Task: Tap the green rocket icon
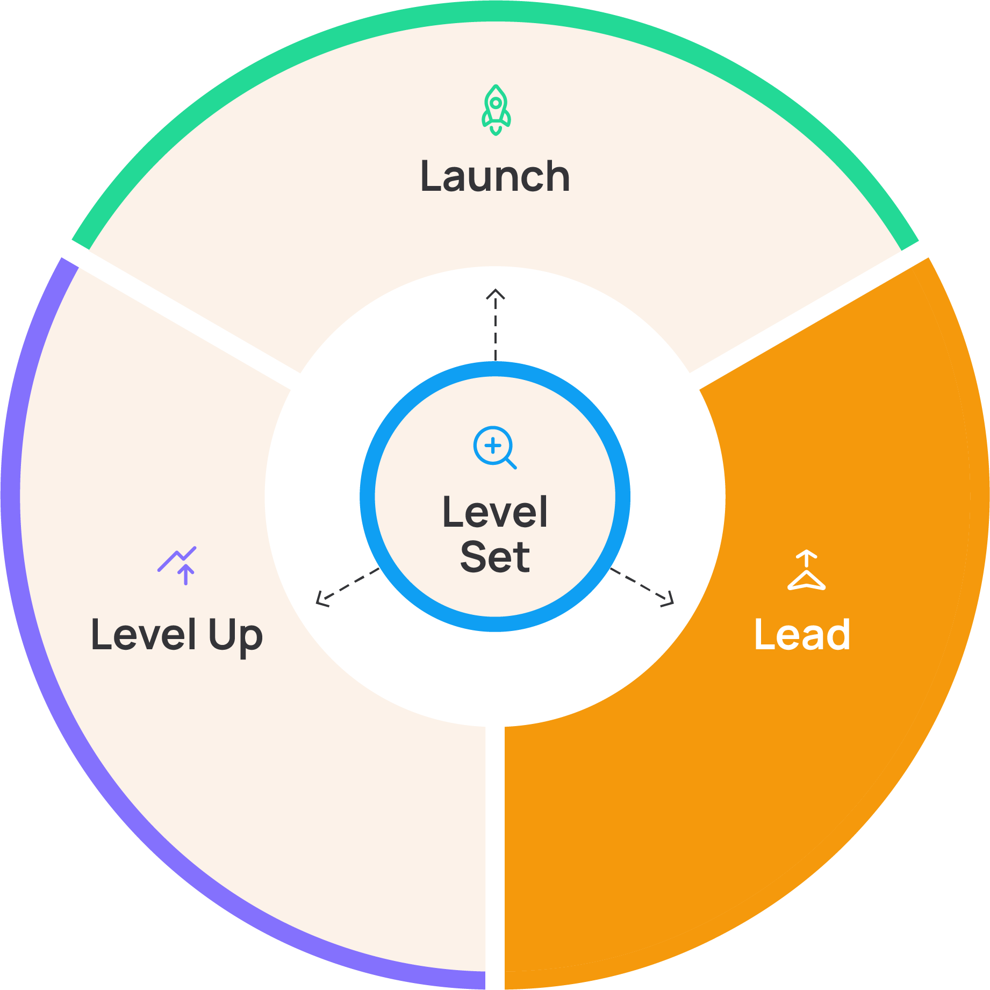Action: pos(496,110)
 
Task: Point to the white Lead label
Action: pos(802,635)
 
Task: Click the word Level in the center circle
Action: pos(495,512)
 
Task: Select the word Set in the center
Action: pos(495,557)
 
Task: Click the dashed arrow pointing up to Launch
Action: pos(496,328)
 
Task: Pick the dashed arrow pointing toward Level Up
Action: pos(347,587)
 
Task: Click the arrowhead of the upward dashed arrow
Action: pos(496,293)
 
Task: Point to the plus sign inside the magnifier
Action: pos(492,445)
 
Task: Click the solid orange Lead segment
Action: pos(806,779)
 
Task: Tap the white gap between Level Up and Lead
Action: pos(495,860)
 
